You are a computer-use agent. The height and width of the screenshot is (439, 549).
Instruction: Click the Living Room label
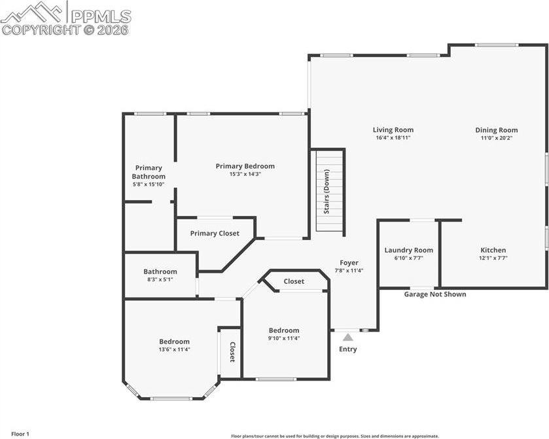[x=393, y=130]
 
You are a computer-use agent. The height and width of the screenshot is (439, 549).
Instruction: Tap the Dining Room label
[x=496, y=130]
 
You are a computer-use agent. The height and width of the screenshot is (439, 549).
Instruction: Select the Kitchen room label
[x=493, y=250]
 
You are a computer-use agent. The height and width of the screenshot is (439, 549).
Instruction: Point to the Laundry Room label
[x=408, y=250]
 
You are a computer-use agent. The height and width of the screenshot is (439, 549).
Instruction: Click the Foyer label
[x=349, y=262]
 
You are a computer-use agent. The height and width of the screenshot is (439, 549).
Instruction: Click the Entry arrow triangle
[x=348, y=337]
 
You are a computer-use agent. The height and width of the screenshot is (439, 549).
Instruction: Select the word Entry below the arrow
[x=348, y=349]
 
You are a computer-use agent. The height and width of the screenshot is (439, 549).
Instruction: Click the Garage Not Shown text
[x=434, y=294]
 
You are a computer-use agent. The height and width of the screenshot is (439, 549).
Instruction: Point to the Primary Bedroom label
[x=245, y=166]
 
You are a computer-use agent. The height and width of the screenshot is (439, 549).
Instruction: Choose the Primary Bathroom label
[x=149, y=172]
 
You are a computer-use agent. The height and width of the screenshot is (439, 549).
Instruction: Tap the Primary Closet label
[x=215, y=234]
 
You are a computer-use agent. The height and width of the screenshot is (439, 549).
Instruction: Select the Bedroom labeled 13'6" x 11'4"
[x=174, y=342]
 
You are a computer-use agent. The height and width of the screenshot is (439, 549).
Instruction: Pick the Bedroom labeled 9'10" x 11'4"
[x=284, y=330]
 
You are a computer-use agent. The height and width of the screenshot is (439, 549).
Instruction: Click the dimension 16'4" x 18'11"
[x=393, y=138]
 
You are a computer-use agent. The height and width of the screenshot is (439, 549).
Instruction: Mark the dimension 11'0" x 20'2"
[x=496, y=138]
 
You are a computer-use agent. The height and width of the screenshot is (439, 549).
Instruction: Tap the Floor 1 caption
[x=20, y=434]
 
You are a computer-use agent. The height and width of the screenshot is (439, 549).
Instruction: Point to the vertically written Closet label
[x=232, y=353]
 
